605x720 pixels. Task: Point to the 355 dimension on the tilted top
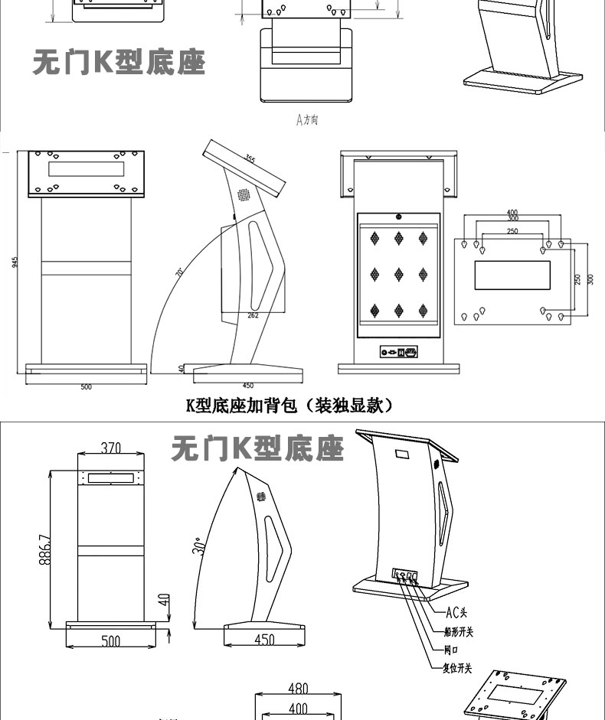tap(250, 159)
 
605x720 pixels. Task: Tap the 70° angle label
tap(180, 272)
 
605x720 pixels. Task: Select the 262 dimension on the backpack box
tap(253, 314)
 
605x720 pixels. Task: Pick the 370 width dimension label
tap(111, 447)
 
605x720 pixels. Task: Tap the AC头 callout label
tap(456, 611)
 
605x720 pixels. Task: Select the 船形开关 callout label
tap(459, 631)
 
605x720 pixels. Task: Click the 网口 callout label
tap(451, 650)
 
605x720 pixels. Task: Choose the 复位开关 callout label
tap(458, 668)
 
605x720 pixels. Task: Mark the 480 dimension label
tap(298, 689)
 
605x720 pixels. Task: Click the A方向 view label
tap(307, 120)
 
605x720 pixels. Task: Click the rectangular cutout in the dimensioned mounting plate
tap(512, 275)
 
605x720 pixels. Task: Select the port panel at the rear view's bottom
tap(399, 352)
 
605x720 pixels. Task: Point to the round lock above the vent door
tap(399, 217)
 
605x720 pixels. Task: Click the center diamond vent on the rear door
tap(399, 274)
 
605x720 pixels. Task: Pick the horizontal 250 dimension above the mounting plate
tap(512, 230)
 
